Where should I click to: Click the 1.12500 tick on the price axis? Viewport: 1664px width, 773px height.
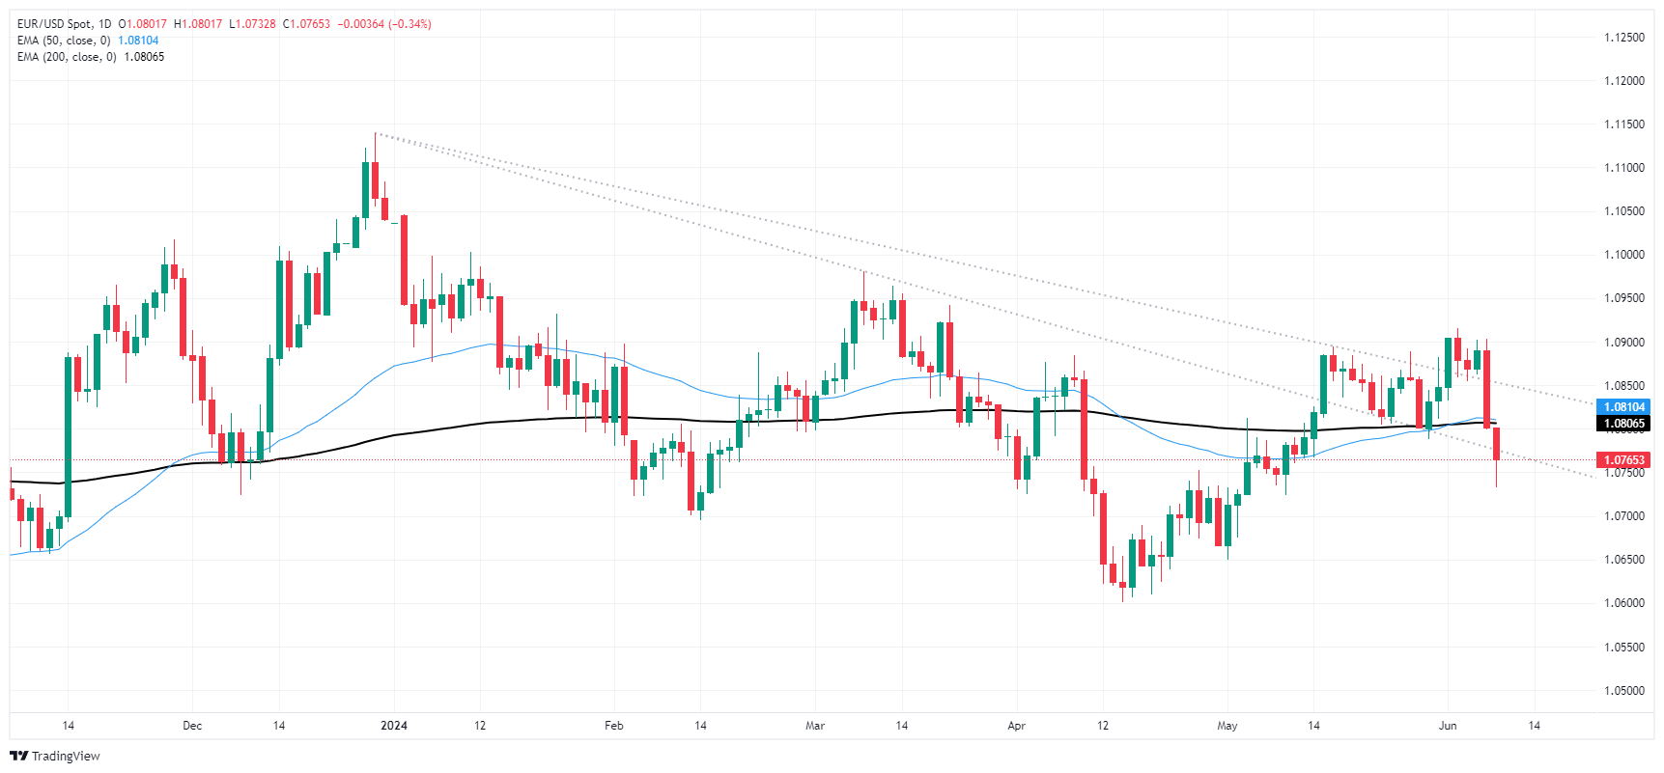1623,38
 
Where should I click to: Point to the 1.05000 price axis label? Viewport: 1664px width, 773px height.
1623,691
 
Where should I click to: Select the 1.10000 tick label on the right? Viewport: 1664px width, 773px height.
1623,255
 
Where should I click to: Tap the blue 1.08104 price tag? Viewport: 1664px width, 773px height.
1623,407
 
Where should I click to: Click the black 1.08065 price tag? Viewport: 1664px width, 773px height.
1623,424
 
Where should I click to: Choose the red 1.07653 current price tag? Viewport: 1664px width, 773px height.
1623,460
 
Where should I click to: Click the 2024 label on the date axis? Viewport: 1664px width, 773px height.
394,726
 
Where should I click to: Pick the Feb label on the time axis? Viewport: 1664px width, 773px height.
613,726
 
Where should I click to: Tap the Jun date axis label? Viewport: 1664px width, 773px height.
1447,726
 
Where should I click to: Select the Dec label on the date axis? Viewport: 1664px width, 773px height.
192,726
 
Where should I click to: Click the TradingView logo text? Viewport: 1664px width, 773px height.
65,757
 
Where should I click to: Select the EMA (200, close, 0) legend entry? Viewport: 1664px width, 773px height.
67,57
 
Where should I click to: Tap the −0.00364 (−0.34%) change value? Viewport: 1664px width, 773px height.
384,24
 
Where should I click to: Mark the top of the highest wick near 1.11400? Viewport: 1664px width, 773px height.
375,134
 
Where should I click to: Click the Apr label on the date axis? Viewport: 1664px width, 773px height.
1016,726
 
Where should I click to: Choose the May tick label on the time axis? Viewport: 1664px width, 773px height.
1227,726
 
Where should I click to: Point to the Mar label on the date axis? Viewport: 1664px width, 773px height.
815,726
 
